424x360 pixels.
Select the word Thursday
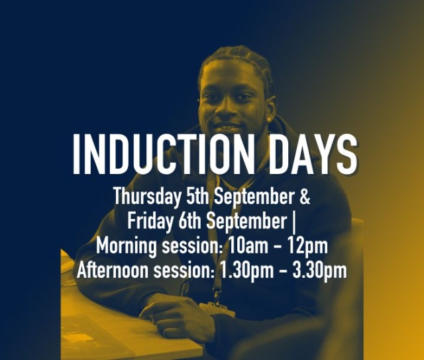tap(142, 197)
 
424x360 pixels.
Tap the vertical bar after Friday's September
tap(293, 221)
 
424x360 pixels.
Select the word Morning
tap(125, 246)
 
